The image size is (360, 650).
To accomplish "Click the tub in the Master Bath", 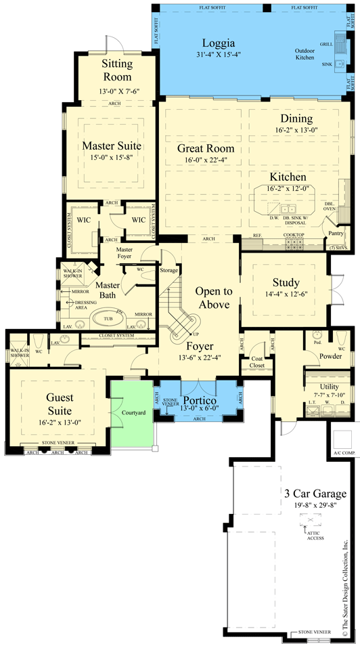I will coord(106,318).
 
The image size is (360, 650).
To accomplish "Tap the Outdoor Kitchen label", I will coord(305,53).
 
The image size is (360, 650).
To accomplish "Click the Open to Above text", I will coord(214,298).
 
